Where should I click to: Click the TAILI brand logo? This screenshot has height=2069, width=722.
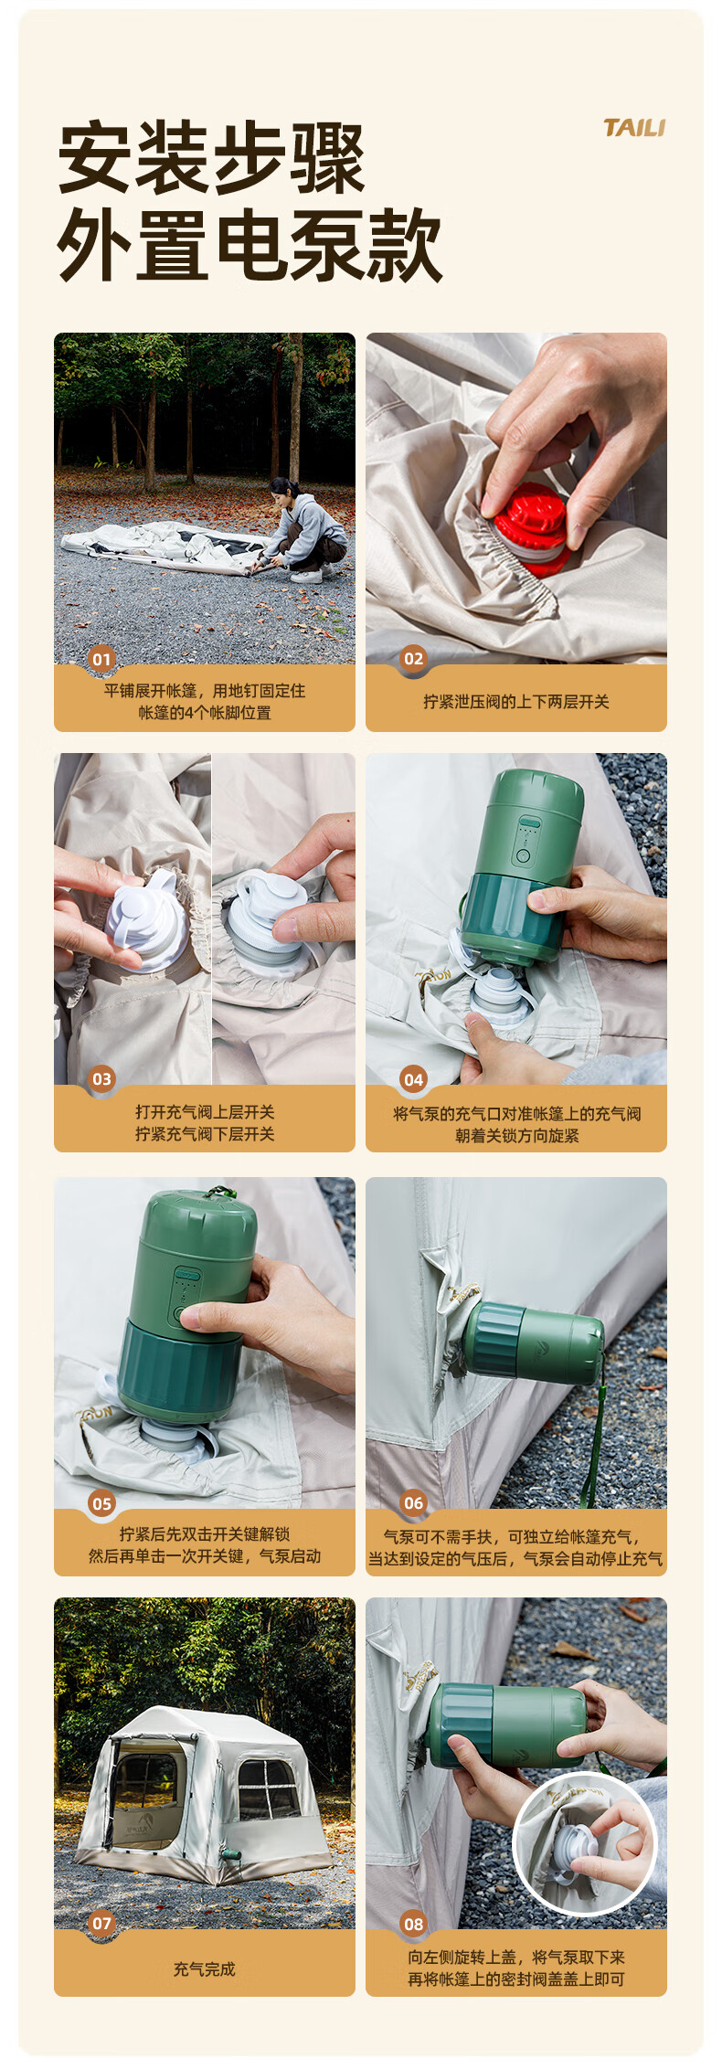[x=633, y=128]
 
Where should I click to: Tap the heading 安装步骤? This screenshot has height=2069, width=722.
[x=211, y=158]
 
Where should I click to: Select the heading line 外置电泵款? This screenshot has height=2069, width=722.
[x=250, y=244]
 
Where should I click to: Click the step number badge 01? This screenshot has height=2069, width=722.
[x=101, y=659]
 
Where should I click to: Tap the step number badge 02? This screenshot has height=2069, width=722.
[x=413, y=659]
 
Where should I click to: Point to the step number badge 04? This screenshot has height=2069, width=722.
[x=413, y=1079]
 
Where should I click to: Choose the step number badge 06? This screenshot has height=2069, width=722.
[x=413, y=1503]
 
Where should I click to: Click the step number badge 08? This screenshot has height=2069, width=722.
[x=413, y=1924]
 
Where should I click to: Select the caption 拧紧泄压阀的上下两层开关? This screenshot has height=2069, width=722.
[x=515, y=702]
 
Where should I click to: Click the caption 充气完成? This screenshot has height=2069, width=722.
[x=205, y=1968]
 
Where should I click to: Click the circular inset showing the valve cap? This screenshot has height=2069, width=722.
[x=585, y=1843]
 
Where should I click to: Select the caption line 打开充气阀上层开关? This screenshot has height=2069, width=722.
[x=205, y=1112]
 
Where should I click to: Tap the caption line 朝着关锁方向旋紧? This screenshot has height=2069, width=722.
[x=516, y=1136]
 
